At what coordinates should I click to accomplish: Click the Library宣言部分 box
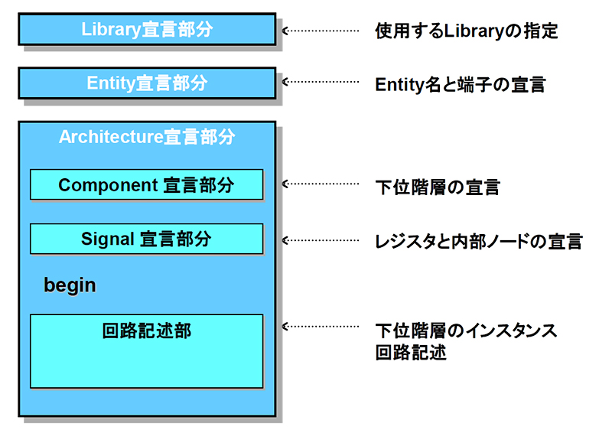click(x=146, y=30)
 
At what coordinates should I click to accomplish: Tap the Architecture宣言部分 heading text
click(x=147, y=138)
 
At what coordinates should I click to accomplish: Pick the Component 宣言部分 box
click(x=146, y=185)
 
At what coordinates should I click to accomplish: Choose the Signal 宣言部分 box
click(x=146, y=239)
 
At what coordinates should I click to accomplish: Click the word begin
click(x=70, y=285)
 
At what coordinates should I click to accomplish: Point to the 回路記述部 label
click(x=146, y=331)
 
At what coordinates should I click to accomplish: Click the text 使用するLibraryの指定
click(x=466, y=31)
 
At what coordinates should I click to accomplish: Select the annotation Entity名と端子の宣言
click(x=460, y=85)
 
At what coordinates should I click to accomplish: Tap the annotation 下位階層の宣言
click(x=437, y=187)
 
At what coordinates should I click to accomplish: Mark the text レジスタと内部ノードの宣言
click(x=478, y=242)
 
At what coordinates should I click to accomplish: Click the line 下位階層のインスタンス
click(x=466, y=331)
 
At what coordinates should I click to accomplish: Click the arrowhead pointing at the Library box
click(x=286, y=31)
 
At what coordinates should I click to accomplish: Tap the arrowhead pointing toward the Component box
click(x=286, y=184)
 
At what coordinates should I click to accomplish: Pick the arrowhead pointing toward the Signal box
click(x=286, y=239)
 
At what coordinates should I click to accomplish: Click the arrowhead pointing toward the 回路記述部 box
click(x=286, y=326)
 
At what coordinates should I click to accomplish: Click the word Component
click(x=107, y=185)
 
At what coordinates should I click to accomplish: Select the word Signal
click(x=108, y=239)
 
